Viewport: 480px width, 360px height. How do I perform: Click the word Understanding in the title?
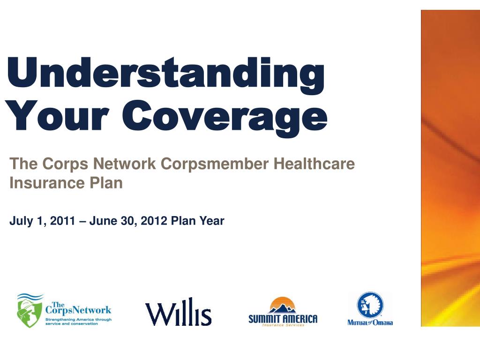click(165, 75)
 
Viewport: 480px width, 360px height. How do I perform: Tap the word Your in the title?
click(57, 115)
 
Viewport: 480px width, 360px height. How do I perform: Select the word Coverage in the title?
click(225, 119)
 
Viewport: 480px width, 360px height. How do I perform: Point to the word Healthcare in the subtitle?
click(314, 164)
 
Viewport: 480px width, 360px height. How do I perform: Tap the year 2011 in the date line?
click(62, 221)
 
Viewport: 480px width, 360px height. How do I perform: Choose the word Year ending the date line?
click(212, 221)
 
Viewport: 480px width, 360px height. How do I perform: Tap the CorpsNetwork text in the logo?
click(78, 308)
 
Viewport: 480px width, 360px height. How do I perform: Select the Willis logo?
click(178, 312)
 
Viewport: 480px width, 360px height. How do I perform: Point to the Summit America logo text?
click(283, 319)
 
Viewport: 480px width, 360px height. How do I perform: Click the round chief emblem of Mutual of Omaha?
click(370, 305)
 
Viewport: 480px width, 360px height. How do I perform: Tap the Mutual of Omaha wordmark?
click(370, 322)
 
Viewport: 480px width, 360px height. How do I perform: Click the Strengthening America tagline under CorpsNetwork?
click(78, 322)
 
